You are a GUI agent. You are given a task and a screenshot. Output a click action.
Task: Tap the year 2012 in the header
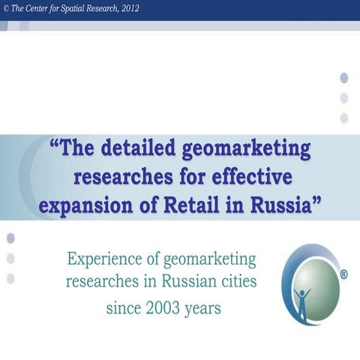point(124,7)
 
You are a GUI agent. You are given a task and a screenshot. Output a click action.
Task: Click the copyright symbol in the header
point(5,7)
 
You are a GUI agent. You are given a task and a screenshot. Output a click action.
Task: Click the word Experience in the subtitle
point(102,259)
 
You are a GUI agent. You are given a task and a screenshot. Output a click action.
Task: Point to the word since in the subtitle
point(122,307)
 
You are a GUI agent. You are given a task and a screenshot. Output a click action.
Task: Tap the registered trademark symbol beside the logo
point(343,275)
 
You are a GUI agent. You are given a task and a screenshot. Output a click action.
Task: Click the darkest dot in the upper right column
point(344,77)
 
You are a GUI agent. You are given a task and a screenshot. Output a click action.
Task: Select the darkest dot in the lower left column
point(10,238)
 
